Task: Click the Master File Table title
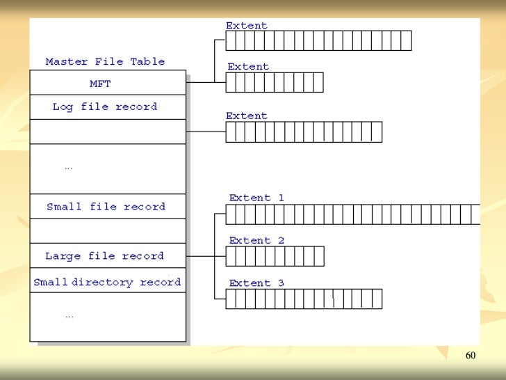pos(105,61)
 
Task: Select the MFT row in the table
pos(100,84)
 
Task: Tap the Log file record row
pos(105,106)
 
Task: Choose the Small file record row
pos(106,207)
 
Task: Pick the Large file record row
pos(104,255)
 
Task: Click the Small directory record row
pos(107,282)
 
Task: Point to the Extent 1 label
pos(256,198)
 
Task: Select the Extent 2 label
pos(256,241)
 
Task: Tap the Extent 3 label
pos(256,283)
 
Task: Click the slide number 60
pos(471,356)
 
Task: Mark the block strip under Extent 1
pos(352,214)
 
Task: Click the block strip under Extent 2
pos(275,257)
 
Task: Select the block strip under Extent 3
pos(304,299)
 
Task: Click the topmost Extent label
pos(246,26)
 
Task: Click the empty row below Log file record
pos(108,132)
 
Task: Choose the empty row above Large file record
pos(108,231)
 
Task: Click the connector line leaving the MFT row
pos(200,82)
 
